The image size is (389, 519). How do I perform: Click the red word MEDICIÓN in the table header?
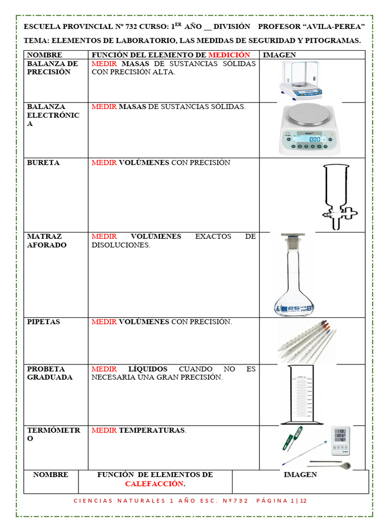[229, 55]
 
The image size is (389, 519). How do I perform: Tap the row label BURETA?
[43, 163]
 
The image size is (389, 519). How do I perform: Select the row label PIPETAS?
[44, 322]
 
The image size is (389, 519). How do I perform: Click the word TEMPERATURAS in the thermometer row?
[151, 430]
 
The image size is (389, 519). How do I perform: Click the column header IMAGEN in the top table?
[280, 55]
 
